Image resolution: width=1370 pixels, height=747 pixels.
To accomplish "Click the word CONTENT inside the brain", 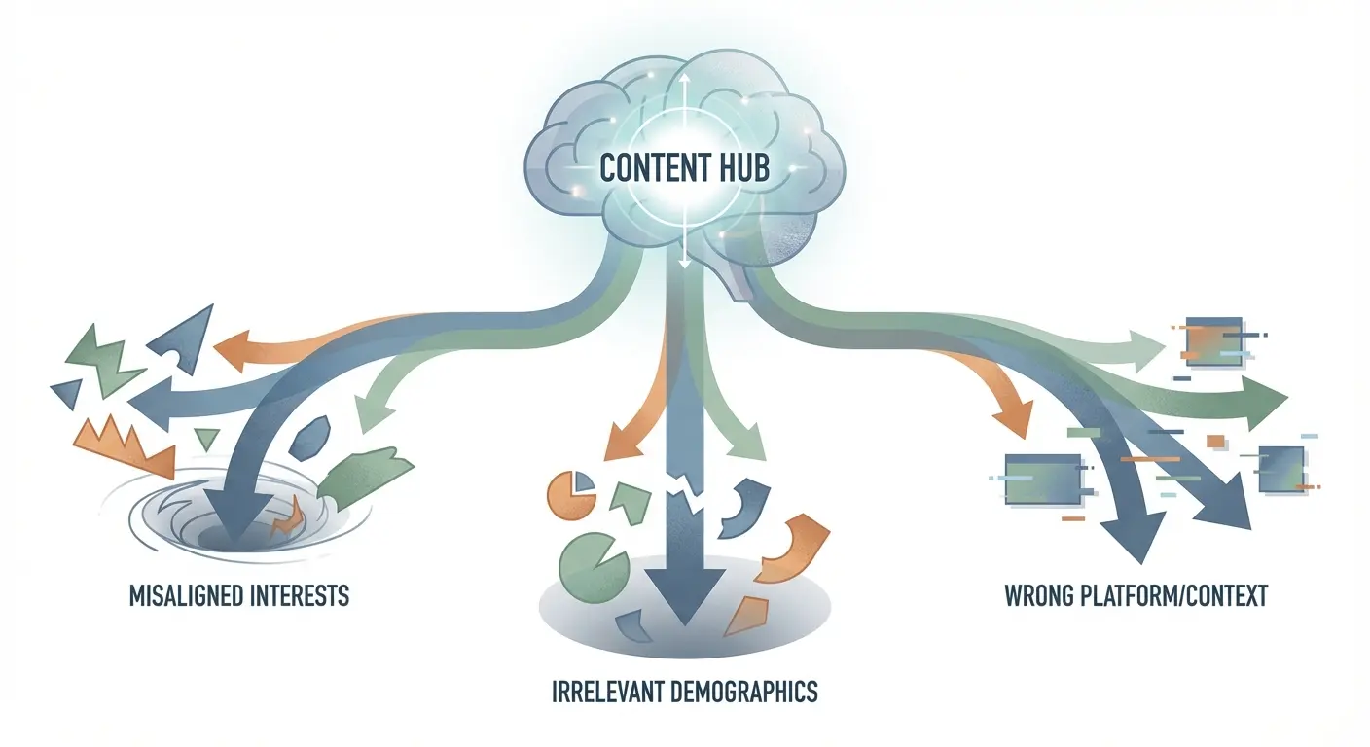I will pyautogui.click(x=651, y=168).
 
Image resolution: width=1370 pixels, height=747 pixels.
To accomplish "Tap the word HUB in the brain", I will pyautogui.click(x=742, y=168).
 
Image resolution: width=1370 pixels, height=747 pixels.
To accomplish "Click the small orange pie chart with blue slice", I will pyautogui.click(x=572, y=492).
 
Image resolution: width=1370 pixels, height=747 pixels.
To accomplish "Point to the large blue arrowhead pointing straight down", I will pyautogui.click(x=682, y=598).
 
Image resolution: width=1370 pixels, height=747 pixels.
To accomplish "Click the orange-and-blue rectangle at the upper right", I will pyautogui.click(x=1211, y=342).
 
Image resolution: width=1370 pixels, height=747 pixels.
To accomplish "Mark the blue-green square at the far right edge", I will pyautogui.click(x=1280, y=468).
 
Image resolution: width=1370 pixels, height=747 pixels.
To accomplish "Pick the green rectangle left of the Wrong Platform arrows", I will pyautogui.click(x=1045, y=478).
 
